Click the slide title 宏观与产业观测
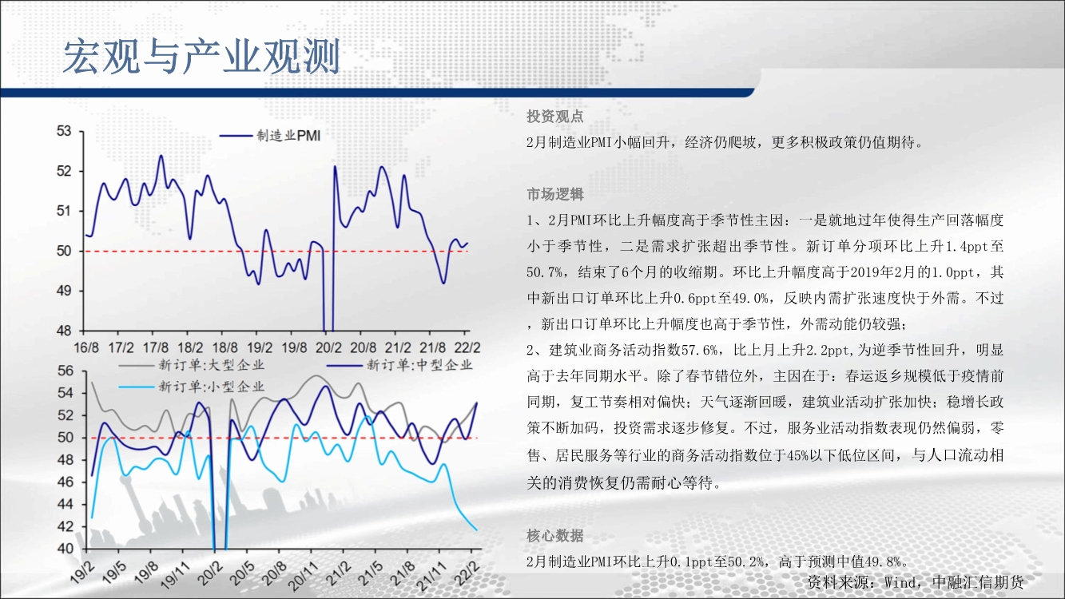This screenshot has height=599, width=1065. (201, 57)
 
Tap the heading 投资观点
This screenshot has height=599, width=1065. (554, 117)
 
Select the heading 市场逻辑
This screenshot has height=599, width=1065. (554, 194)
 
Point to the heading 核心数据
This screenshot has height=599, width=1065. (554, 536)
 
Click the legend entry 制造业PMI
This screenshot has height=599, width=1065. (270, 136)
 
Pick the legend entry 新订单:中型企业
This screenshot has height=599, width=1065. (399, 365)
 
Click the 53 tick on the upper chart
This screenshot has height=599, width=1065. (64, 131)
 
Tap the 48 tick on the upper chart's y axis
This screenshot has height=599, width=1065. (64, 331)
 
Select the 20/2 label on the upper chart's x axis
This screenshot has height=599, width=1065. (328, 348)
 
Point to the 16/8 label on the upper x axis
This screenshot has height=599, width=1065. (86, 348)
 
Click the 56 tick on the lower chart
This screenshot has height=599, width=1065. (66, 371)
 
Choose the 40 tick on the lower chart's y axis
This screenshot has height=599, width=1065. (66, 549)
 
